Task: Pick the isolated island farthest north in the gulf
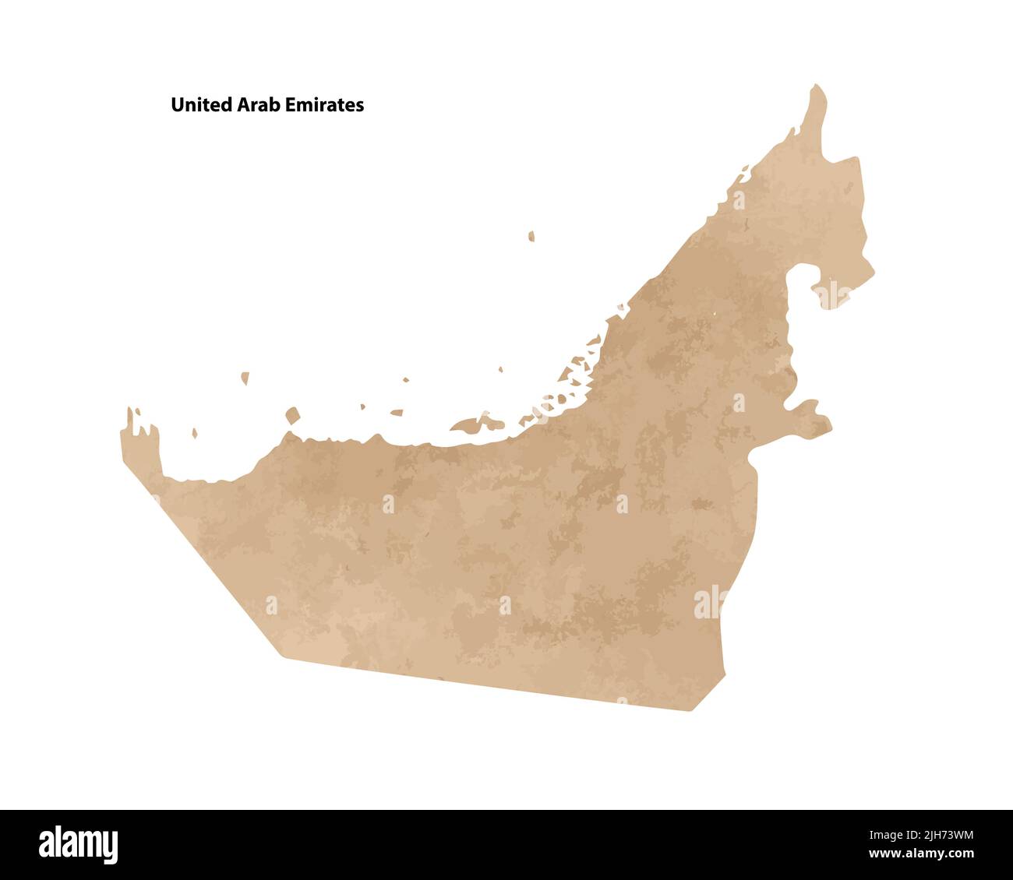531,236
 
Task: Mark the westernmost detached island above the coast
245,378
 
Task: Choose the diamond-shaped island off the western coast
292,415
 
